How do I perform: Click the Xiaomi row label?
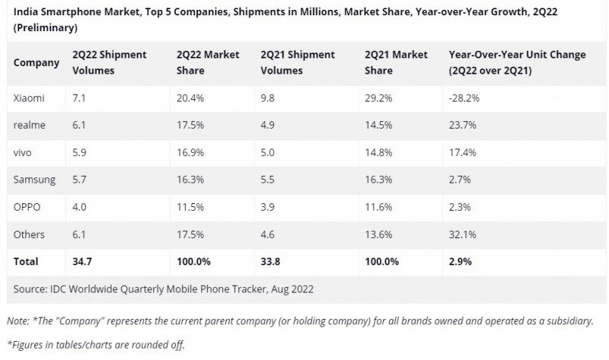(29, 98)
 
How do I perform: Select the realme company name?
(29, 126)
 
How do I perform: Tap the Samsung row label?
(34, 180)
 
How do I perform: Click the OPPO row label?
(27, 207)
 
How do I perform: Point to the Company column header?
(36, 62)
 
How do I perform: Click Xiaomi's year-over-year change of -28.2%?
(464, 98)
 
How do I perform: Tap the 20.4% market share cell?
(190, 98)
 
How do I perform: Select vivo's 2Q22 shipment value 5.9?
(79, 153)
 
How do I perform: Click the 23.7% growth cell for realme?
(462, 126)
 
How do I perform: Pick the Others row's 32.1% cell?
(462, 234)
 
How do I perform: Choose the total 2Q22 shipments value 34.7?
(82, 262)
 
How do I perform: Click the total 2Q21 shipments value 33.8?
(273, 262)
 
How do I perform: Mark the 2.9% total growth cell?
(460, 262)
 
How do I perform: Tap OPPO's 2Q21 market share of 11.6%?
(379, 207)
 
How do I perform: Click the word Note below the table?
(19, 321)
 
